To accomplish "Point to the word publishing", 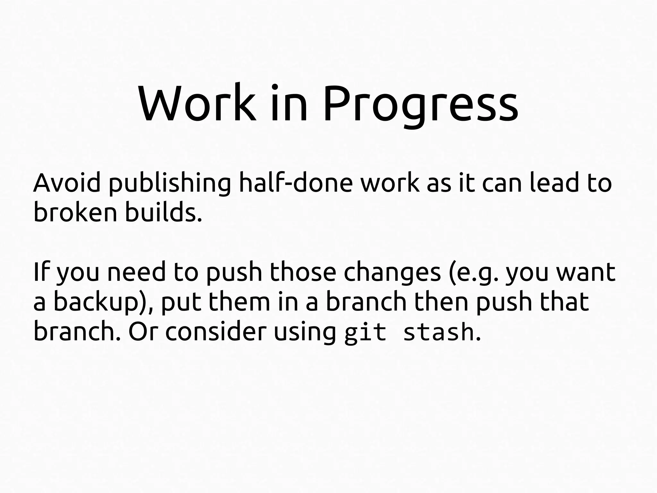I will coord(170,184).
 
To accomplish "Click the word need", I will coord(136,272).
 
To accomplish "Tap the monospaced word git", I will coord(365,332).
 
